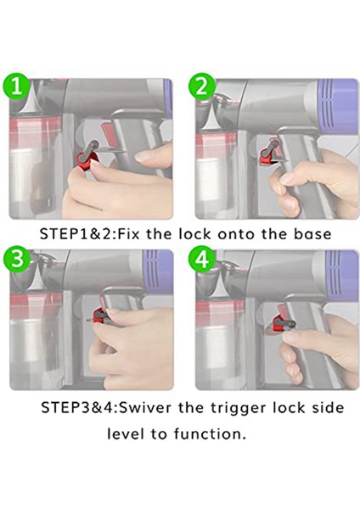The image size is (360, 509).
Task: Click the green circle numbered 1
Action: coord(17,87)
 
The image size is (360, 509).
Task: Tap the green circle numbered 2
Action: coord(202,87)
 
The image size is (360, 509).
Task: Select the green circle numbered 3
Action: coord(17,260)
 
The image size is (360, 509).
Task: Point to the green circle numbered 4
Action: coord(203,260)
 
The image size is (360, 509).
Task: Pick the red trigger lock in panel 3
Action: coord(99,316)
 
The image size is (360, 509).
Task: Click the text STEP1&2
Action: coord(77,234)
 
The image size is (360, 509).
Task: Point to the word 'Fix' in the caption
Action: coord(128,234)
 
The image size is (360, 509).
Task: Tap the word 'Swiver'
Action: coord(145,407)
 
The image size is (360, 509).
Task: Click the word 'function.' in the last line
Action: coord(210,434)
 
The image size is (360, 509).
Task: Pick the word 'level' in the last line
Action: coord(126,434)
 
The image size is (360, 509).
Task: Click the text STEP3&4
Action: coord(79,407)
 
